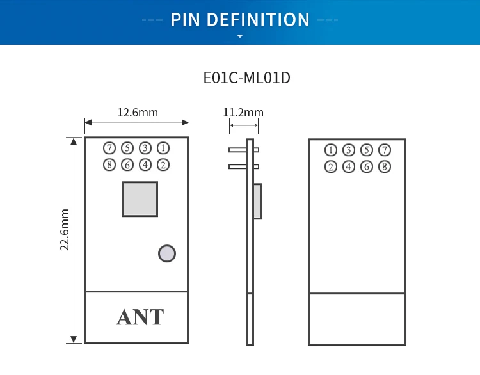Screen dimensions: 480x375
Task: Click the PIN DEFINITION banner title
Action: [x=240, y=19]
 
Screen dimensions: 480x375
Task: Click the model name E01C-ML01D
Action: [x=247, y=78]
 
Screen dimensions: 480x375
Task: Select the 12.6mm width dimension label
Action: [x=137, y=113]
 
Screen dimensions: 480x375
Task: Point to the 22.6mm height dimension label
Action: [x=65, y=230]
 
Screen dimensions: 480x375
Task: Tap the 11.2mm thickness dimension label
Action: [x=243, y=113]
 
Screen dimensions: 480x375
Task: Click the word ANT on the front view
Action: [x=140, y=317]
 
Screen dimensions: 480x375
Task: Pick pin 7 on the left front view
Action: [x=109, y=148]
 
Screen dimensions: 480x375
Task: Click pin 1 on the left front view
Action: [x=163, y=148]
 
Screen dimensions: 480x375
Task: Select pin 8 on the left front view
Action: [x=109, y=165]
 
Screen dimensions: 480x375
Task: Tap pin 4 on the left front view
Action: [x=145, y=165]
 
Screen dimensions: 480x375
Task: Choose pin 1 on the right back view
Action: [x=331, y=150]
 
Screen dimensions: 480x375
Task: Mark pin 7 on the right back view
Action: [x=385, y=150]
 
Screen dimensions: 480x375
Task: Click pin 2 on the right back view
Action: [x=331, y=167]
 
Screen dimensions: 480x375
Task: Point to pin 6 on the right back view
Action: [x=367, y=167]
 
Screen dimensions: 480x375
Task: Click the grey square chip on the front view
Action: [x=140, y=199]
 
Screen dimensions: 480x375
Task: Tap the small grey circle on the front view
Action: [x=167, y=253]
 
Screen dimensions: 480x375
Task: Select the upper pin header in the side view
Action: [x=243, y=150]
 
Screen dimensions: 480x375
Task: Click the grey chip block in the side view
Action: [x=257, y=201]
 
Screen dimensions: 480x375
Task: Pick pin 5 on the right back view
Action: [x=367, y=150]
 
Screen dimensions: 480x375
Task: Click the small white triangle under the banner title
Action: [x=240, y=36]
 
